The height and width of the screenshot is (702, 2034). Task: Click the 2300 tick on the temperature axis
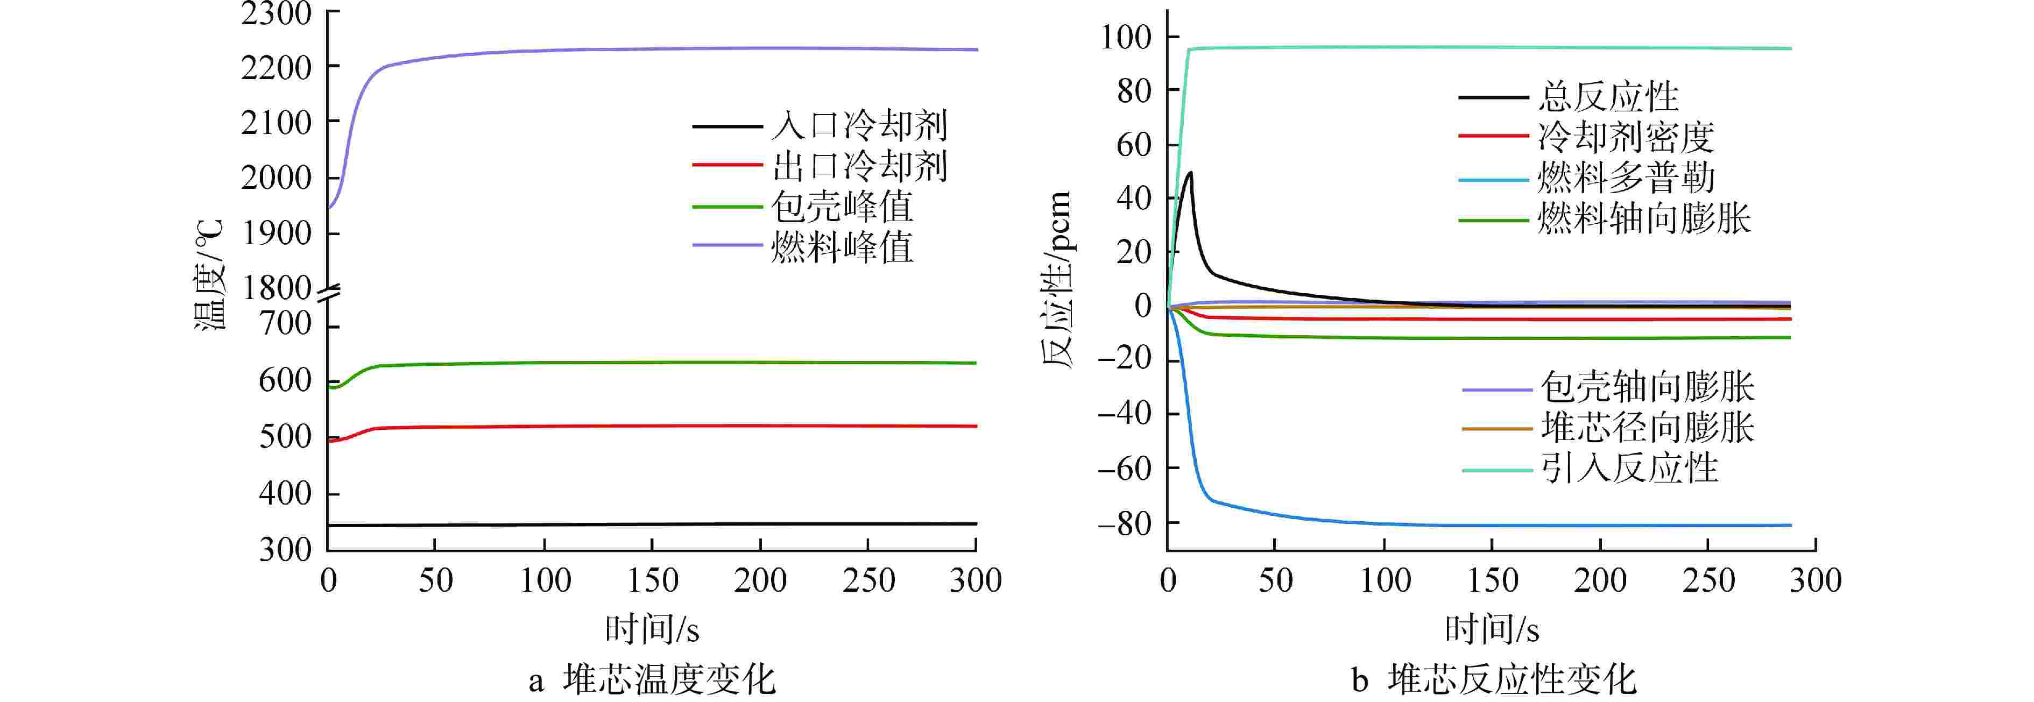[x=277, y=13]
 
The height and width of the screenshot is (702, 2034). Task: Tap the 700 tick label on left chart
[x=285, y=324]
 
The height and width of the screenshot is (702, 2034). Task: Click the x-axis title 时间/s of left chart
[x=652, y=629]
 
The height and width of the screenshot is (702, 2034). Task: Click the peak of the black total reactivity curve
[x=1189, y=172]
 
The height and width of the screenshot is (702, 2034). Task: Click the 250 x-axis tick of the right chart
[x=1708, y=580]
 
